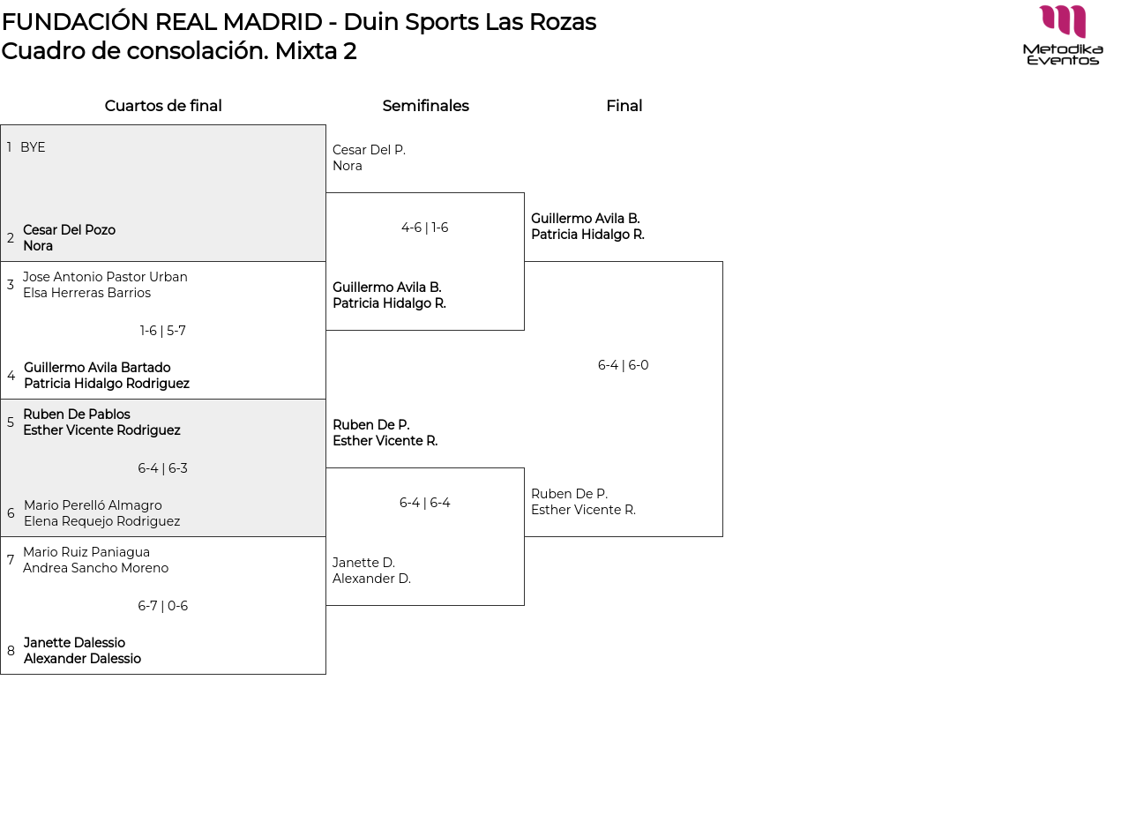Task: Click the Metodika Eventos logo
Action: [1063, 35]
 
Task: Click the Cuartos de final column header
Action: [163, 106]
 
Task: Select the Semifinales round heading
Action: [425, 106]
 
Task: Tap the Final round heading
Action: [624, 106]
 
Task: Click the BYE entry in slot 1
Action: [33, 147]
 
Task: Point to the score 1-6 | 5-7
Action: [162, 331]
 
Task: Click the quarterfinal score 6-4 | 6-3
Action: [162, 468]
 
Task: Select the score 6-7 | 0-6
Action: [162, 606]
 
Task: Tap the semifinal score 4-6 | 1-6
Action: [424, 228]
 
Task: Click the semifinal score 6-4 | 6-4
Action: [424, 503]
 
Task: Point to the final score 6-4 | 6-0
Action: [623, 365]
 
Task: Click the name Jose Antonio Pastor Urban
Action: [105, 277]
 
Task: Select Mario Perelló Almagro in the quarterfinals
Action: [93, 505]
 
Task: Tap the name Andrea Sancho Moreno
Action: [95, 568]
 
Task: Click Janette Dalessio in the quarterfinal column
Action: [74, 643]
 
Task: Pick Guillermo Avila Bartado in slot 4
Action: [97, 368]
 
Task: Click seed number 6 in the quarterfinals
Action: [11, 513]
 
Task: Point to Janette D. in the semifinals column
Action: [363, 563]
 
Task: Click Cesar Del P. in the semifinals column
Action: [369, 150]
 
